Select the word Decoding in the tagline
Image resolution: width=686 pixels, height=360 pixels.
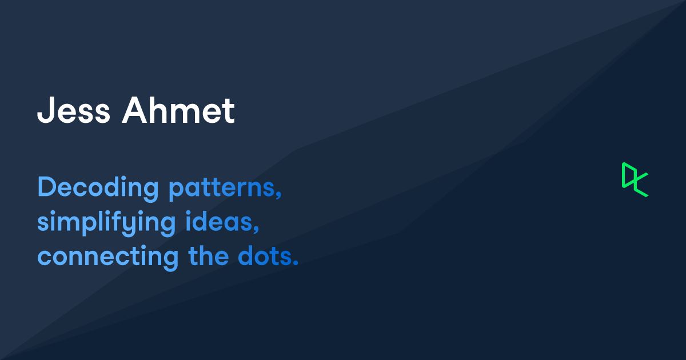tap(98, 189)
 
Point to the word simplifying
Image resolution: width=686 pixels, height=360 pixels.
tap(106, 223)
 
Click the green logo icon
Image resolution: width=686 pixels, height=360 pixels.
tap(635, 179)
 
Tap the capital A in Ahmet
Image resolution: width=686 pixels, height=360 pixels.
tap(133, 111)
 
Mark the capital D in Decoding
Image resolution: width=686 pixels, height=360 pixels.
tap(46, 187)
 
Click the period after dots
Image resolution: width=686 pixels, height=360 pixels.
tap(296, 263)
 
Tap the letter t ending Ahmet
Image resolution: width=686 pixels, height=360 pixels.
tap(229, 112)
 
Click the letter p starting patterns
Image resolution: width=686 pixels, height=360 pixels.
tap(175, 191)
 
